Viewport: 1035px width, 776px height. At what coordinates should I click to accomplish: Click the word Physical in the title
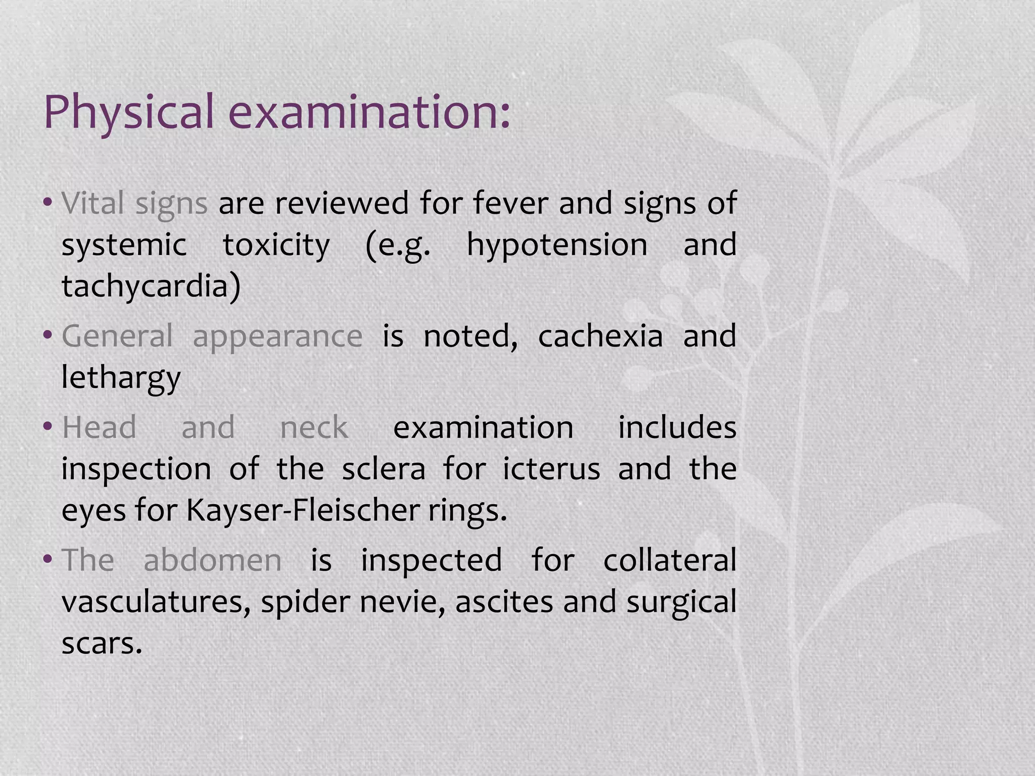click(x=129, y=112)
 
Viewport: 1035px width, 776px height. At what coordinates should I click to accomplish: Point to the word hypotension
click(x=557, y=245)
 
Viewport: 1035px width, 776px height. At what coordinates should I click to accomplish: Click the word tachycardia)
click(x=151, y=286)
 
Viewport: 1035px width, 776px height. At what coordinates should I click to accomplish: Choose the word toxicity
click(x=276, y=245)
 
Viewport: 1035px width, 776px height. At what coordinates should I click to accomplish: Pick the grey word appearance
click(x=277, y=337)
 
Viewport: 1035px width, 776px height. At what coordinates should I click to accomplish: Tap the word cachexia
click(x=600, y=336)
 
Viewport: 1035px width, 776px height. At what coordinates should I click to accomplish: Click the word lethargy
click(x=121, y=377)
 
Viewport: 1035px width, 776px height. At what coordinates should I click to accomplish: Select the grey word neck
click(x=314, y=427)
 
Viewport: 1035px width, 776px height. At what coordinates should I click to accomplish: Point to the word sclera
click(x=384, y=469)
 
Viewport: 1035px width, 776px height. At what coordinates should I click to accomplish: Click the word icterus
click(x=551, y=469)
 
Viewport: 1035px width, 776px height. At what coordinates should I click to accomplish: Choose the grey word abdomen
click(x=213, y=560)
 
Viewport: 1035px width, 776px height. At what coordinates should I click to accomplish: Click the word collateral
click(x=670, y=560)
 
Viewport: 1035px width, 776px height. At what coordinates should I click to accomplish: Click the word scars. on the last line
click(x=102, y=644)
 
